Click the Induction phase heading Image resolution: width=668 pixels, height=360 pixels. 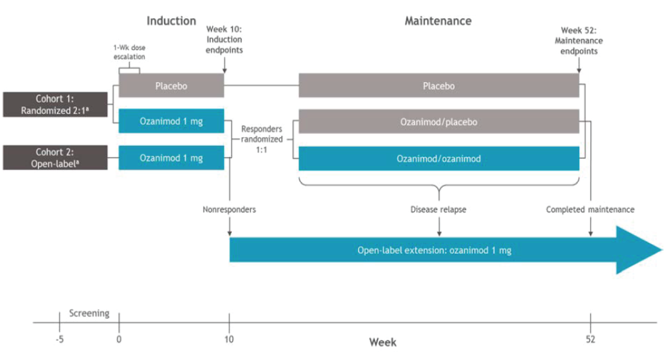pyautogui.click(x=171, y=21)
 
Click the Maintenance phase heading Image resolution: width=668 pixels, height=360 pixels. pyautogui.click(x=438, y=21)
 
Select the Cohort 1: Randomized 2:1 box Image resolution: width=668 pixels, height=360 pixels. pyautogui.click(x=55, y=104)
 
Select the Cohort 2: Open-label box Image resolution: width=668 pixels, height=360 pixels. pyautogui.click(x=55, y=158)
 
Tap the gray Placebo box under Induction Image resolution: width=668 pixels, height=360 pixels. pyautogui.click(x=171, y=86)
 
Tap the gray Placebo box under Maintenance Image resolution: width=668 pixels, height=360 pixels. pyautogui.click(x=438, y=86)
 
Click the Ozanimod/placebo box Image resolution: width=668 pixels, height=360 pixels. pyautogui.click(x=438, y=122)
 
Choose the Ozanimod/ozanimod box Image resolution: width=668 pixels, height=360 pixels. pyautogui.click(x=438, y=159)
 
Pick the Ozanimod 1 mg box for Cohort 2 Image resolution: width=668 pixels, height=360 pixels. pyautogui.click(x=171, y=158)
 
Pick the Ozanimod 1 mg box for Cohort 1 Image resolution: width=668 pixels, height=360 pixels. pyautogui.click(x=171, y=121)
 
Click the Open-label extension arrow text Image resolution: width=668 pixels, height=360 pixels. pyautogui.click(x=434, y=250)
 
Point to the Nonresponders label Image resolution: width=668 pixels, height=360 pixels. pyautogui.click(x=229, y=210)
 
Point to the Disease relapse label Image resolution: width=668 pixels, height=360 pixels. pyautogui.click(x=438, y=210)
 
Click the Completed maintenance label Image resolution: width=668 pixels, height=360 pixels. pyautogui.click(x=590, y=210)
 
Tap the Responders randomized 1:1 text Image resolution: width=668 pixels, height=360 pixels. pyautogui.click(x=262, y=139)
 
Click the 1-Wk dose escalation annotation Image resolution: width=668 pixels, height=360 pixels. pyautogui.click(x=129, y=52)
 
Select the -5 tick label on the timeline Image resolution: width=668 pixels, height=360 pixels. pyautogui.click(x=60, y=339)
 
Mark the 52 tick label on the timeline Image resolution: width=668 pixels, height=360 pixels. pyautogui.click(x=590, y=339)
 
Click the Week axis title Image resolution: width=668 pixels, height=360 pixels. pyautogui.click(x=382, y=342)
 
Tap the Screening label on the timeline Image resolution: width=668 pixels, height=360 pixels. pyautogui.click(x=89, y=313)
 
